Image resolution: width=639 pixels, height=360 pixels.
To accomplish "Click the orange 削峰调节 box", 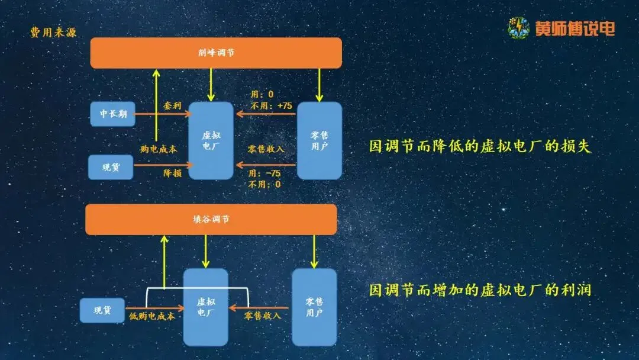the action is click(216, 53).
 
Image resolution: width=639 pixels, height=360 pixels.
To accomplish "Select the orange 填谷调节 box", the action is click(211, 219).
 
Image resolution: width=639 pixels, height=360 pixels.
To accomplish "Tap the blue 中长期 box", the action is click(113, 114).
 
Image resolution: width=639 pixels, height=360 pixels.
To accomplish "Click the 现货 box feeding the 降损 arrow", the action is click(111, 167).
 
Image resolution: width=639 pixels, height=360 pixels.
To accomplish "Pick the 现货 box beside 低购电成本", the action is click(102, 310).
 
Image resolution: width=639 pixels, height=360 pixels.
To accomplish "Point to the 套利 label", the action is click(172, 105).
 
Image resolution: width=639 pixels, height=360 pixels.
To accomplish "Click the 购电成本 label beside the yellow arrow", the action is click(159, 149).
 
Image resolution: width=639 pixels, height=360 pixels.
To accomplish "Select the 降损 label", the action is click(172, 173).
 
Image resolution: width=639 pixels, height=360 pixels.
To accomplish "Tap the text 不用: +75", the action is click(272, 105).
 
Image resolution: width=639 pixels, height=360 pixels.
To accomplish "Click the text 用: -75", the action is click(264, 173).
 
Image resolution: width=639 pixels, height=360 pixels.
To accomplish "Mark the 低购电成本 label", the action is click(152, 316).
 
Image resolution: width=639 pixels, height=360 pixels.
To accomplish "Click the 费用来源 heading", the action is click(53, 33).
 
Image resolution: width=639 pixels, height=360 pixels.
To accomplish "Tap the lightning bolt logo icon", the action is click(519, 28).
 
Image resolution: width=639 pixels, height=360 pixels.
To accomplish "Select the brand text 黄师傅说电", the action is click(575, 28).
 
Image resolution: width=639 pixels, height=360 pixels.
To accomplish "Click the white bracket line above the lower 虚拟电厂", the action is click(197, 288).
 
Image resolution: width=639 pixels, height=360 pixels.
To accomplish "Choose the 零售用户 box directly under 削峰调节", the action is click(319, 141).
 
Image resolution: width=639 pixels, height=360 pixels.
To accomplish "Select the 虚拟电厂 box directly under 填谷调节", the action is click(205, 307).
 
